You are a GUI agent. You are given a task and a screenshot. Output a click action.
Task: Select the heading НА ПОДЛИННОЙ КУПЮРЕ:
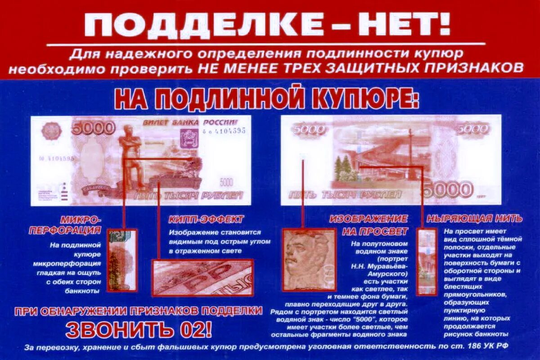[266, 99]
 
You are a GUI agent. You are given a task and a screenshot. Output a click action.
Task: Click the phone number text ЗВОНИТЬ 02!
[139, 330]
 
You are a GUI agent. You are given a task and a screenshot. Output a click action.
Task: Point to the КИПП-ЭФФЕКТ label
[206, 220]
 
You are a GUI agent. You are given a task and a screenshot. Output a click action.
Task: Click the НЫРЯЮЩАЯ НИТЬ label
[474, 219]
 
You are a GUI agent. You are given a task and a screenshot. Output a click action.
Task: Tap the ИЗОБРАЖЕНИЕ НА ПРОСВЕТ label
[369, 225]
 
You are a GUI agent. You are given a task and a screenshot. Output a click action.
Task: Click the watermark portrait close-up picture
[308, 260]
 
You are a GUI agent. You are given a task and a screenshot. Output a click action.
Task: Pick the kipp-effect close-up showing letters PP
[202, 277]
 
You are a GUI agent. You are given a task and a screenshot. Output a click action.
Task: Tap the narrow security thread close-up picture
[426, 261]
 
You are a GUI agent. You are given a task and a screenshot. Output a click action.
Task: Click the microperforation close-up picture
[122, 260]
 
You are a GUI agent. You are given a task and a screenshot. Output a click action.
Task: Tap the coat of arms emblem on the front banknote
[186, 139]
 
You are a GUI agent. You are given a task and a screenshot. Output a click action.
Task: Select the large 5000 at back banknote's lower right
[448, 189]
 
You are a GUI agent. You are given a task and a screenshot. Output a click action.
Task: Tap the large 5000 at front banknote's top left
[93, 128]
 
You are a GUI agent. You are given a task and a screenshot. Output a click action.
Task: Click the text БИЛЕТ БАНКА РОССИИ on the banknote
[190, 123]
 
